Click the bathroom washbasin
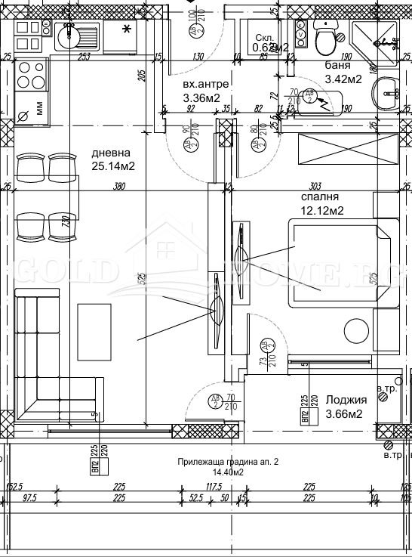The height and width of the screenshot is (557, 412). pos(387,92)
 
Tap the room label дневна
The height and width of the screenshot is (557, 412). pos(106,152)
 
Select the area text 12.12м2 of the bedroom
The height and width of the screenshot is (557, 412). pos(322,210)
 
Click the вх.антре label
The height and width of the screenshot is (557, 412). pos(205,83)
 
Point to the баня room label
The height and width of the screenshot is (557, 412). pos(337,66)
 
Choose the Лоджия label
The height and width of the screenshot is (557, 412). pos(346,400)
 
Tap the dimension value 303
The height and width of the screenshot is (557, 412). pos(315,187)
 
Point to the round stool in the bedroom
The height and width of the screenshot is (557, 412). pos(356,332)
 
